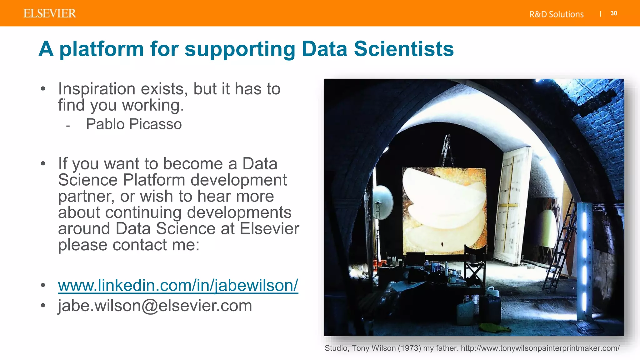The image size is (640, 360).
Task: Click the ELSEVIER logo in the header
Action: point(50,13)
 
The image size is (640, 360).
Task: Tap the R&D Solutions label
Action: point(556,14)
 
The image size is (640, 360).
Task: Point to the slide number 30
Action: point(613,13)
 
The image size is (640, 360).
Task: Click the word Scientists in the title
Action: point(403,49)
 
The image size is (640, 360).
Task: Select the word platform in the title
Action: point(101,49)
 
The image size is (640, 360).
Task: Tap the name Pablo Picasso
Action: point(134,124)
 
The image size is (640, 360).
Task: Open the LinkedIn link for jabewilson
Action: point(178,285)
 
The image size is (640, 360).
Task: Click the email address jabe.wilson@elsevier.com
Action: point(155,305)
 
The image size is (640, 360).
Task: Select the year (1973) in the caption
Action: point(409,348)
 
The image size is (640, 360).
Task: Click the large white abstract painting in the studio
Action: point(444,209)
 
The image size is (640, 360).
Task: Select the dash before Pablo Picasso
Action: point(68,126)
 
